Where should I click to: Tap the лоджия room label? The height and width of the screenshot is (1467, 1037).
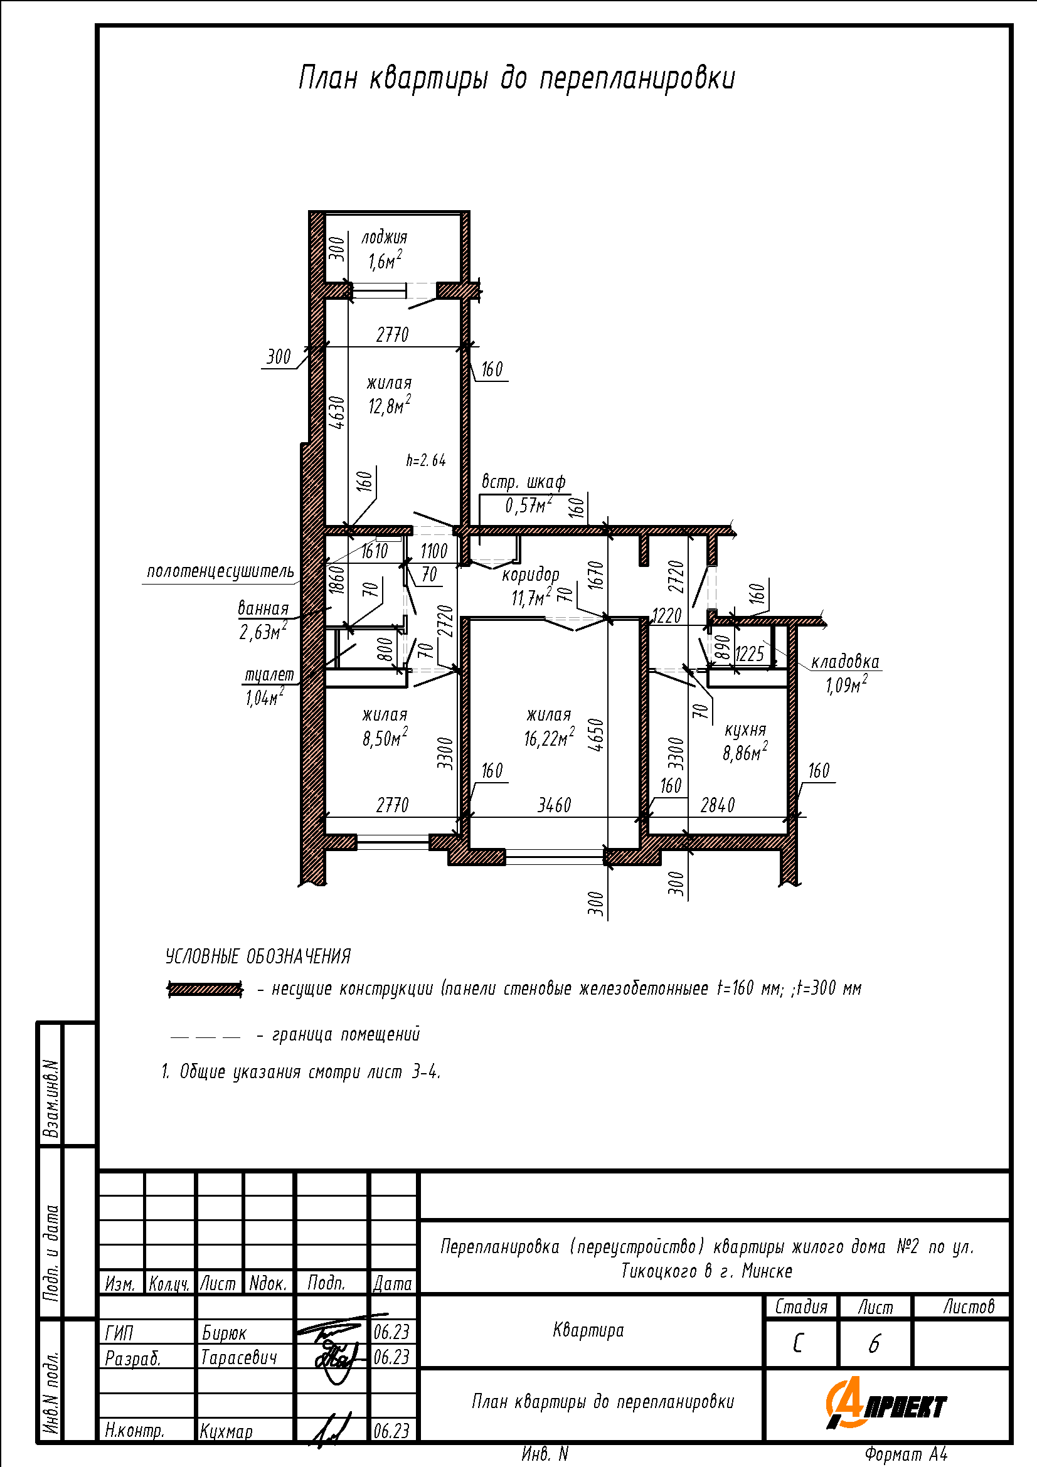[x=384, y=238]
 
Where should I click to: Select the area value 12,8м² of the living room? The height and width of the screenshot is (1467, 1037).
[x=389, y=405]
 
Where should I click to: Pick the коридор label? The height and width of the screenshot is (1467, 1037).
[x=530, y=575]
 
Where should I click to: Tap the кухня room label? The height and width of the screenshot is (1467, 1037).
[x=745, y=730]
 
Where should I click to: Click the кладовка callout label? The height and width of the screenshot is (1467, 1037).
[x=845, y=661]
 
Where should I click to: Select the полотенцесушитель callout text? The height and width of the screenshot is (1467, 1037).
[x=220, y=571]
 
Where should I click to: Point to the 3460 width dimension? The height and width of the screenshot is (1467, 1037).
[x=554, y=805]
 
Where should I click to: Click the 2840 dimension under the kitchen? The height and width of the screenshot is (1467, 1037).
[x=718, y=805]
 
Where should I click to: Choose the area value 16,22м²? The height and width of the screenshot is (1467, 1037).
[x=549, y=738]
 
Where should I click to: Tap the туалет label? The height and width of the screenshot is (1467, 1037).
[x=270, y=675]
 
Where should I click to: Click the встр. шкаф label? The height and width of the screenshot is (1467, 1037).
[x=523, y=482]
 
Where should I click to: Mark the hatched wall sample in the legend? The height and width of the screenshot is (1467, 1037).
[x=205, y=989]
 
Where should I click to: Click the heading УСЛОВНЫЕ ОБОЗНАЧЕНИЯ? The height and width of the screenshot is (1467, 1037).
[x=258, y=956]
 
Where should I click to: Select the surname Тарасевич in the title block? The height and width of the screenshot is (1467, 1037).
[x=239, y=1357]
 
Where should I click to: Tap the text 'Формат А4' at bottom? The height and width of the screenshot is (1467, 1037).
[x=906, y=1454]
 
